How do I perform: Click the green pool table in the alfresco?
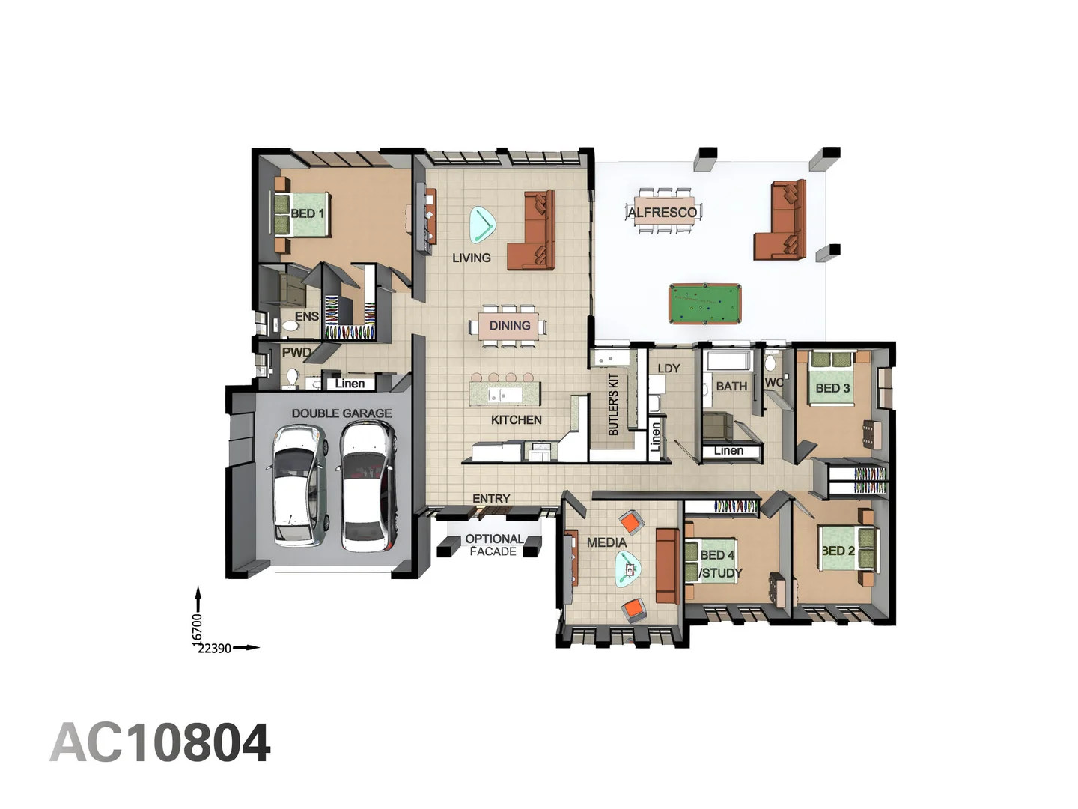[x=704, y=303]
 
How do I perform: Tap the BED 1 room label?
[x=307, y=213]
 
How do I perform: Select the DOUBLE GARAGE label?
[x=341, y=413]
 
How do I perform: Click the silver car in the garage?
[x=299, y=485]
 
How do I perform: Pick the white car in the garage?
[x=368, y=485]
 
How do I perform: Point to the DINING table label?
[x=510, y=326]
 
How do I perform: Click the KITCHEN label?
[x=517, y=420]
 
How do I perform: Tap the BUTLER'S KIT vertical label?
[x=614, y=404]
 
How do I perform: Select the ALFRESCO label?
[x=663, y=213]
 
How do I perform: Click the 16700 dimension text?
[x=198, y=628]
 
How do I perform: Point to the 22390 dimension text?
[x=214, y=649]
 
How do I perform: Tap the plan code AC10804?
[x=160, y=743]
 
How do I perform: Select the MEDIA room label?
[x=606, y=542]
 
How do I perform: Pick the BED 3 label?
[x=832, y=388]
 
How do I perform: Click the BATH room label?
[x=731, y=387]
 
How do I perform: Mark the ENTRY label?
[x=491, y=499]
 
